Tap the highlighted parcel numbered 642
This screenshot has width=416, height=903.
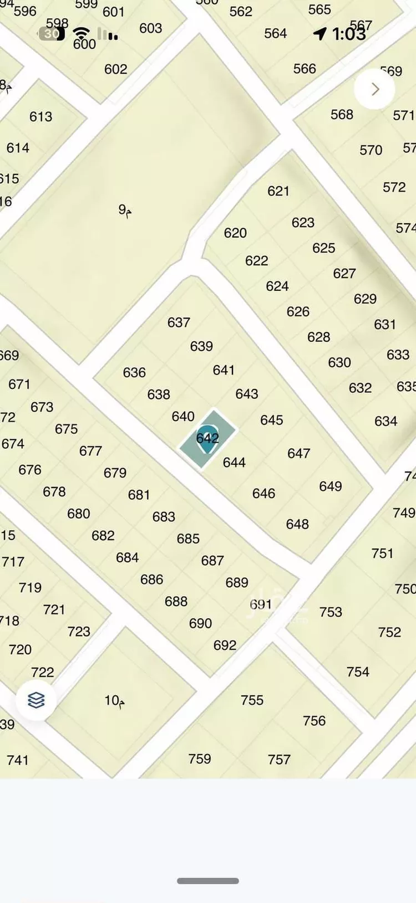pos(207,438)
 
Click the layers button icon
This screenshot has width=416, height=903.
pos(36,700)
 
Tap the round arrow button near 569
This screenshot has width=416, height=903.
pos(375,89)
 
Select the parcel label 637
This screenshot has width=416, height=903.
pos(179,322)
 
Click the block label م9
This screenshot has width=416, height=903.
pos(125,211)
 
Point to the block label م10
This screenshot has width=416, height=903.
pos(114,701)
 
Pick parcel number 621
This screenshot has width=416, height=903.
pos(278,191)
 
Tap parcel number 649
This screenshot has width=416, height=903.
pos(331,486)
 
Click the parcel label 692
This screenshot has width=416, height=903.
pos(225,645)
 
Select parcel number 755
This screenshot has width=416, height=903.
pos(252,700)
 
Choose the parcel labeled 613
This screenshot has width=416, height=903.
pos(41,117)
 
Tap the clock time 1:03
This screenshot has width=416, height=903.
pos(349,34)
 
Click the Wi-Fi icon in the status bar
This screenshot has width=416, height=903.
pos(82,33)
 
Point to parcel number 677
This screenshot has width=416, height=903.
pos(90,451)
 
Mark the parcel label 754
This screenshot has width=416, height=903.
pos(358,672)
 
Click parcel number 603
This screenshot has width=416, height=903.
pos(151,28)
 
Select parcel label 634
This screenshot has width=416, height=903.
pos(386,421)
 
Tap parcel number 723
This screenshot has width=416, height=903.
pos(79,632)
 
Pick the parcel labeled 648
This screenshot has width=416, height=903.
pos(297,524)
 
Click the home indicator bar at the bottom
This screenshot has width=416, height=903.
pos(208,881)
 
